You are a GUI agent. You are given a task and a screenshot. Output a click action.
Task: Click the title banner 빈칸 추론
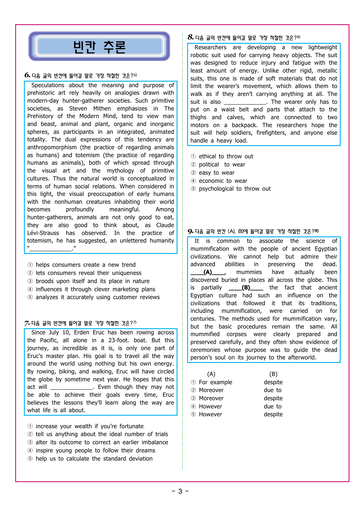(99, 47)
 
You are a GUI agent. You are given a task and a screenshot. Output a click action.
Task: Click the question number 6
(27, 75)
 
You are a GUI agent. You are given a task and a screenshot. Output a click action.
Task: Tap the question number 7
(27, 323)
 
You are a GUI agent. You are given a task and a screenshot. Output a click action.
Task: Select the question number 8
(191, 37)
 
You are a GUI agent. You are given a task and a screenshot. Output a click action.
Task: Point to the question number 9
(190, 231)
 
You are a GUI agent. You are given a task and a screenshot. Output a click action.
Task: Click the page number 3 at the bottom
(180, 491)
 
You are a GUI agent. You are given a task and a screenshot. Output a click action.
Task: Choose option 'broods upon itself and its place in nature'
(92, 281)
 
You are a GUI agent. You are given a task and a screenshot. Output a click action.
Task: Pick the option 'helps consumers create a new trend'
(85, 265)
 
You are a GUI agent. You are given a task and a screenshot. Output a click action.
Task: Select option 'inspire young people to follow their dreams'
(95, 450)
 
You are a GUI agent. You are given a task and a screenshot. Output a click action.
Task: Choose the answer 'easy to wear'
(216, 173)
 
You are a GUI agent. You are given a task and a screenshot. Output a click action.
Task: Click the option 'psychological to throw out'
(234, 189)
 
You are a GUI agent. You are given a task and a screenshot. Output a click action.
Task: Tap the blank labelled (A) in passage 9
(208, 272)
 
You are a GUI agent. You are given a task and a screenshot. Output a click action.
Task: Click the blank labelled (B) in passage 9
(246, 288)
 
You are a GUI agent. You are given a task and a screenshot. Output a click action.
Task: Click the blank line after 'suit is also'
(245, 102)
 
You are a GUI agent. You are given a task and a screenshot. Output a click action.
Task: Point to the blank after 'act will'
(72, 387)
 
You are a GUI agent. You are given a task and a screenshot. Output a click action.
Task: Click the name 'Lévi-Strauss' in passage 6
(43, 233)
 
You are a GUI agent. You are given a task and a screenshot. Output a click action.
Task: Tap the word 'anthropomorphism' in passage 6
(52, 147)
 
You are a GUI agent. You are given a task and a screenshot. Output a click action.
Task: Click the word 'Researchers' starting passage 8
(210, 48)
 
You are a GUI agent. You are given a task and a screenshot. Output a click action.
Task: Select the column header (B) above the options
(273, 374)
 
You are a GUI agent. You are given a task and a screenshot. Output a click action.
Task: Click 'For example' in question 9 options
(215, 382)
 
